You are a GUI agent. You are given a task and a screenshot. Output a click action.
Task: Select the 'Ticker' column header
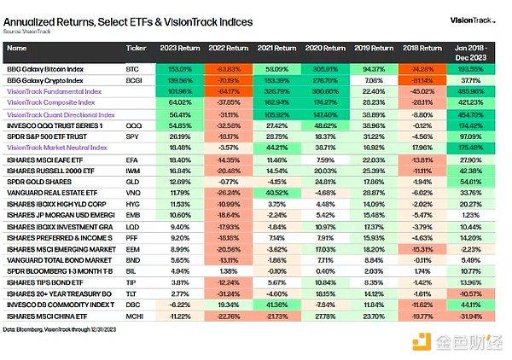click(136, 49)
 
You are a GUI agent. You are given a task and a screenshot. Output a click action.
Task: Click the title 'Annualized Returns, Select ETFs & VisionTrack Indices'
click(115, 18)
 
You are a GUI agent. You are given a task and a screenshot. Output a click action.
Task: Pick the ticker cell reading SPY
click(134, 136)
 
